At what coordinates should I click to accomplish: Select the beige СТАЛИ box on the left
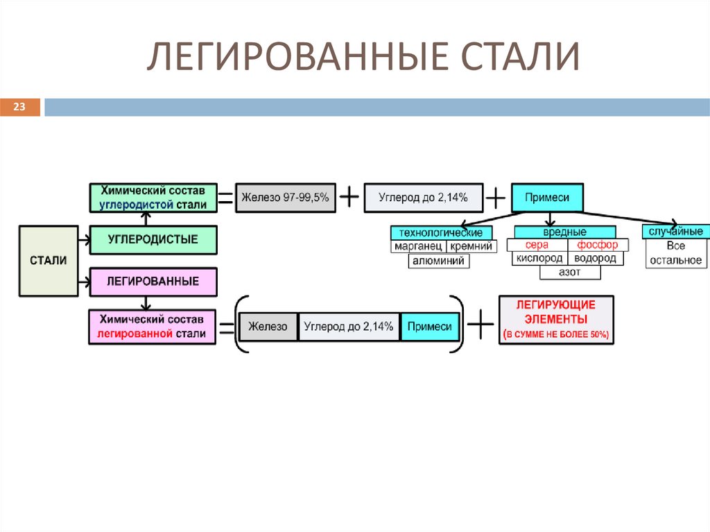click(49, 260)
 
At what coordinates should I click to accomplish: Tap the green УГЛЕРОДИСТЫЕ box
click(153, 239)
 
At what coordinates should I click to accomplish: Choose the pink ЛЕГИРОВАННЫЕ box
click(153, 282)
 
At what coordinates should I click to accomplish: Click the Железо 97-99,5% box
click(285, 198)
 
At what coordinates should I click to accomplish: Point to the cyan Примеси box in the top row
click(546, 198)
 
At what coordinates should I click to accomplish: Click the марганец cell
click(417, 246)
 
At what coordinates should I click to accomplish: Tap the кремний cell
click(471, 246)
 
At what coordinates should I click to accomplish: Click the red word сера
click(537, 245)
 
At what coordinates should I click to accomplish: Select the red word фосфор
click(598, 245)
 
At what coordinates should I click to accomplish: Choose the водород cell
click(596, 258)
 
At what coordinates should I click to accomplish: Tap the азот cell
click(569, 273)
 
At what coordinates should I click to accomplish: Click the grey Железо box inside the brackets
click(268, 327)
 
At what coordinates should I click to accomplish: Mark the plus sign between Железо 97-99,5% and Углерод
click(349, 198)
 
